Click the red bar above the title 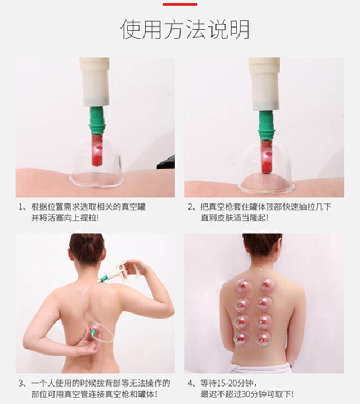(180, 4)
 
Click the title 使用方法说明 (185, 29)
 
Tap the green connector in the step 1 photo (97, 120)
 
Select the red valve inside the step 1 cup (97, 150)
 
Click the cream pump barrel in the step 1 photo (94, 82)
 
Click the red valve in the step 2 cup (267, 157)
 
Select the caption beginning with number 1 (82, 212)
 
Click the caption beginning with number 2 (259, 212)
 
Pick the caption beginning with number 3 (94, 388)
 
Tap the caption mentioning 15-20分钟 (240, 388)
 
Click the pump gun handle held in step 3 (128, 271)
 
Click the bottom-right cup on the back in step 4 (264, 338)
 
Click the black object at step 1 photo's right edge (166, 162)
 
